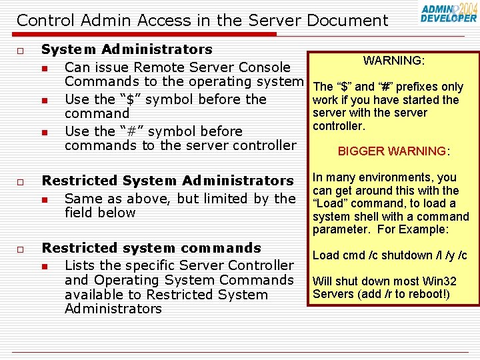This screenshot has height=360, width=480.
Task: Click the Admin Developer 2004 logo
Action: tap(449, 13)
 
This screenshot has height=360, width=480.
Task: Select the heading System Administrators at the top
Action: tap(127, 49)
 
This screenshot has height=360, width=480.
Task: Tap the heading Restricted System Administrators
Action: tap(167, 181)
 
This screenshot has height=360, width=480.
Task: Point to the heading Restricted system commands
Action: tap(151, 248)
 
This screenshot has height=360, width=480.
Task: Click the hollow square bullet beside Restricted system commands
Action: tap(21, 249)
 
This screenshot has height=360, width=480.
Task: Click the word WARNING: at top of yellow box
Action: tap(394, 61)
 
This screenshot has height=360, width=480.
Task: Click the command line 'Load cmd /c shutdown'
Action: tap(389, 255)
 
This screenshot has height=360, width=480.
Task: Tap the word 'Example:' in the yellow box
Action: tap(426, 230)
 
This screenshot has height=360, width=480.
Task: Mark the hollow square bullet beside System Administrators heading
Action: tap(21, 51)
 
